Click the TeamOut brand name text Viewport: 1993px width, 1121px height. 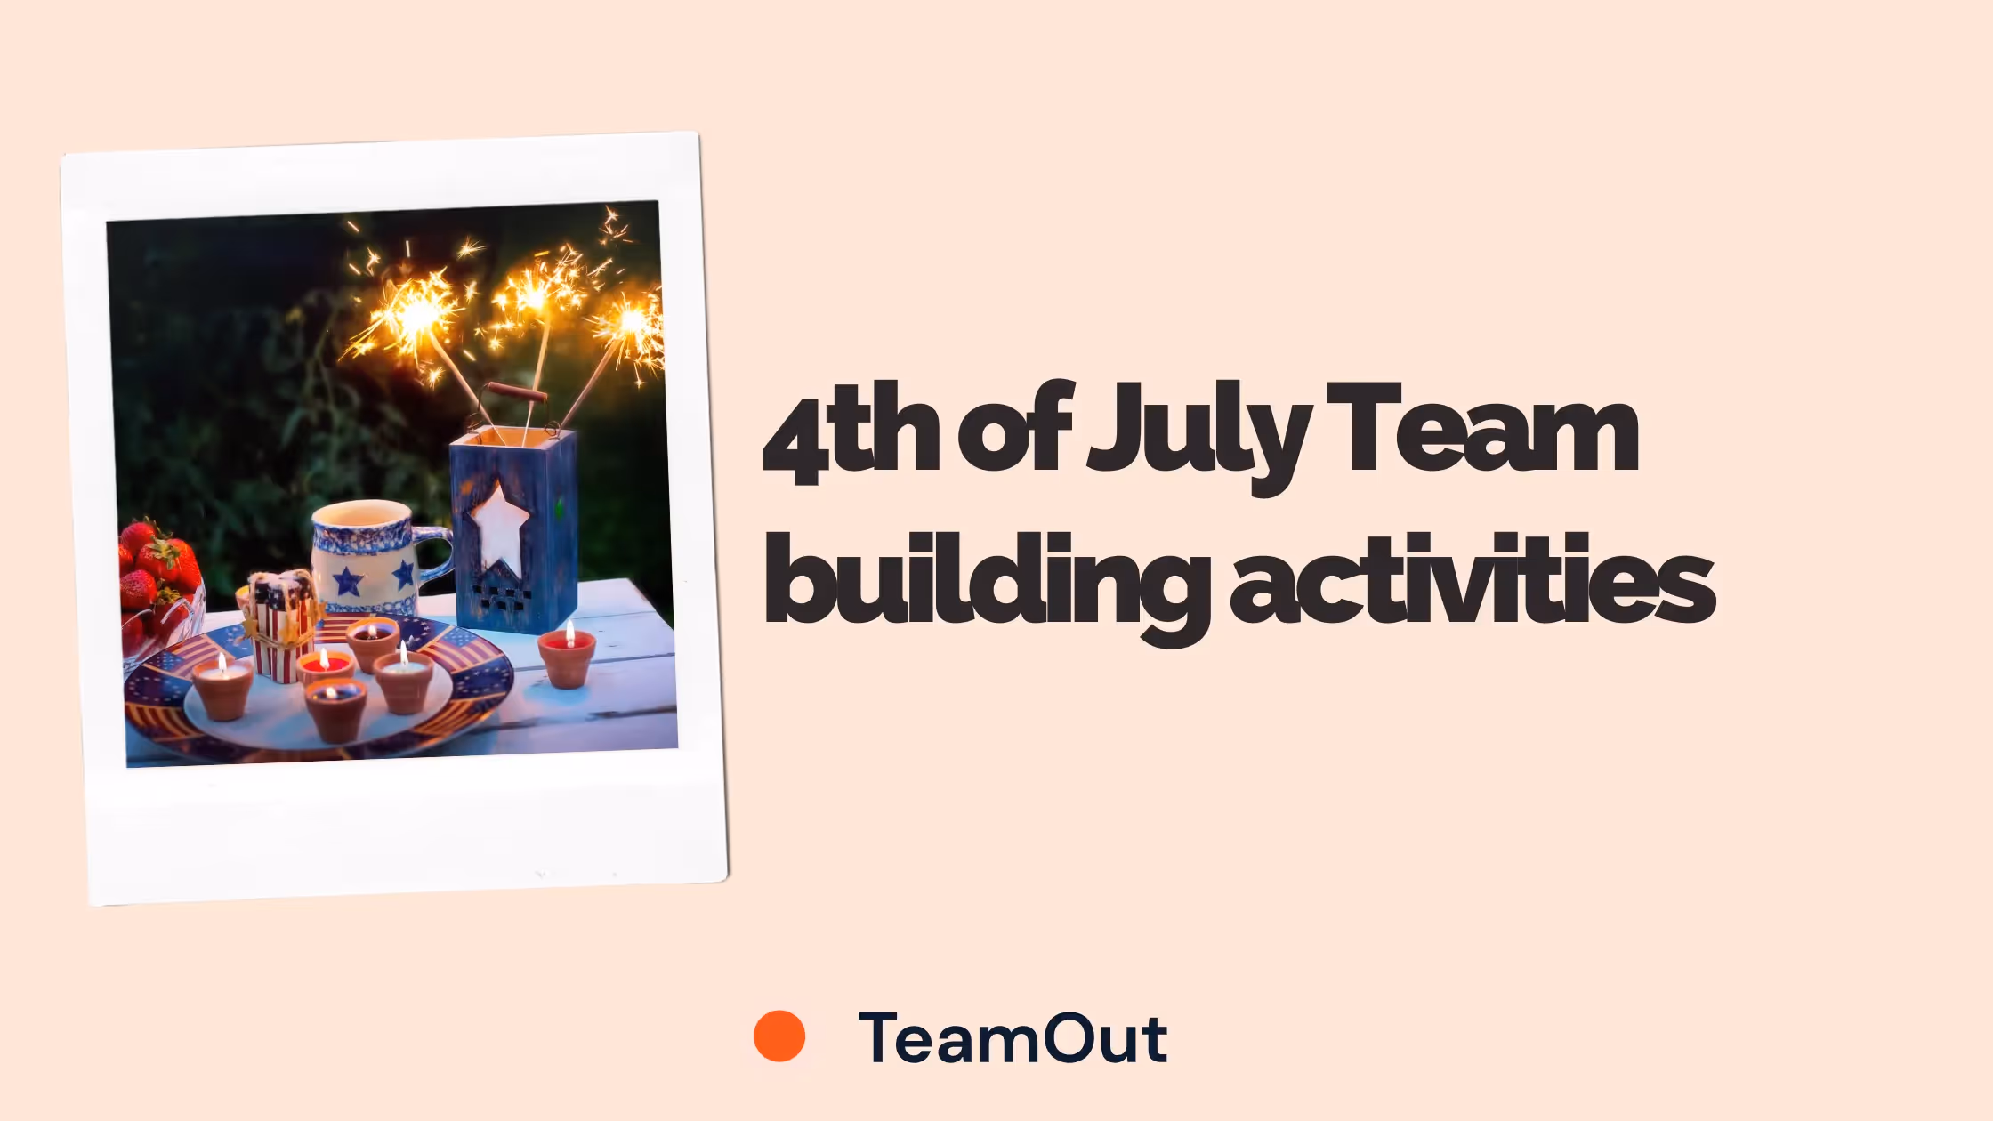click(1013, 1037)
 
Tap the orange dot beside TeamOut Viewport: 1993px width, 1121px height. click(779, 1036)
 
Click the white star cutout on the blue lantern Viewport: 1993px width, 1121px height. click(500, 528)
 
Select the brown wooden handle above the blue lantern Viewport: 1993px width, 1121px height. click(517, 391)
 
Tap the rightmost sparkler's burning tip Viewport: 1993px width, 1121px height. click(633, 320)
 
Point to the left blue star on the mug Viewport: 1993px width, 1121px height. click(348, 582)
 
